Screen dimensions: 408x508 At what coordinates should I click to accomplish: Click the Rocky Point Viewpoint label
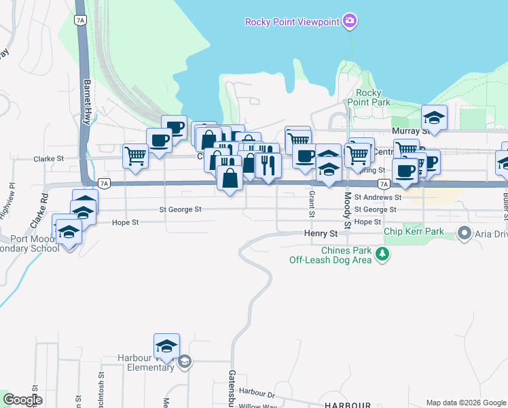tap(291, 22)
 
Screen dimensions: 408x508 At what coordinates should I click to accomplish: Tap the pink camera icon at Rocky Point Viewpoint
tap(350, 22)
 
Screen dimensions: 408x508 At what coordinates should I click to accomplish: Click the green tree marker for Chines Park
tap(384, 254)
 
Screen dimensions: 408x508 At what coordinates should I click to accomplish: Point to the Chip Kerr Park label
tap(414, 232)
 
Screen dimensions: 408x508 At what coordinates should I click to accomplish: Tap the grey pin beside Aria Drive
tap(465, 234)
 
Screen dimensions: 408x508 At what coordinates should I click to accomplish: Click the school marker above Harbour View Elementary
tap(166, 347)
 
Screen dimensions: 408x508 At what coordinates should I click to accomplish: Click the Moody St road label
tap(346, 210)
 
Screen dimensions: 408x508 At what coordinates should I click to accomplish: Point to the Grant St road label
tap(312, 203)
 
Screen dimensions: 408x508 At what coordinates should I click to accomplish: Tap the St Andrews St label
tap(378, 197)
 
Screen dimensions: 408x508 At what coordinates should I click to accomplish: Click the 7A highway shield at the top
tap(81, 20)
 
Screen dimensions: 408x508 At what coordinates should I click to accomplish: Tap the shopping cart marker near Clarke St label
tap(136, 156)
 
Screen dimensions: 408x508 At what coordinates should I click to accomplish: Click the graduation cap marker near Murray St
tap(434, 118)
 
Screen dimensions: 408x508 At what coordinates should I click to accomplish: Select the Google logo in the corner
tap(23, 400)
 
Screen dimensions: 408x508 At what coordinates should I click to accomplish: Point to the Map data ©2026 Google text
tap(465, 402)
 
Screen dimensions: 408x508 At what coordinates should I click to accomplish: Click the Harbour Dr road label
tap(256, 392)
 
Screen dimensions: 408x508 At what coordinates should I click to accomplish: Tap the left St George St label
tap(181, 210)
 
